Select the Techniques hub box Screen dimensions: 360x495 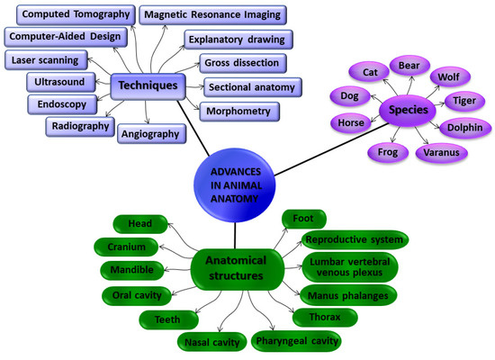(x=149, y=85)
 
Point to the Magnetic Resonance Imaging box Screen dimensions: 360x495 (x=212, y=14)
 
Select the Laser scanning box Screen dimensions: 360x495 (x=46, y=60)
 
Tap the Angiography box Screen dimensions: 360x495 (x=150, y=134)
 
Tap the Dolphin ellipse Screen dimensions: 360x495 (x=463, y=128)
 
